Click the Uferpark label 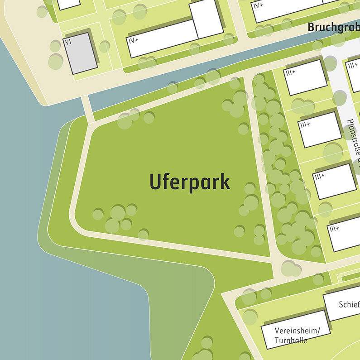click(190, 182)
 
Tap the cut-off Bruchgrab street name click(333, 27)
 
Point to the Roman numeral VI click(68, 42)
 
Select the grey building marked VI click(82, 53)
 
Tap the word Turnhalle click(291, 341)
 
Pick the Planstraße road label click(354, 140)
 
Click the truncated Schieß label click(349, 304)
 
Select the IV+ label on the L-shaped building click(133, 41)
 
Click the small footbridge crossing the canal click(88, 109)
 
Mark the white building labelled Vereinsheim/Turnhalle click(294, 329)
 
